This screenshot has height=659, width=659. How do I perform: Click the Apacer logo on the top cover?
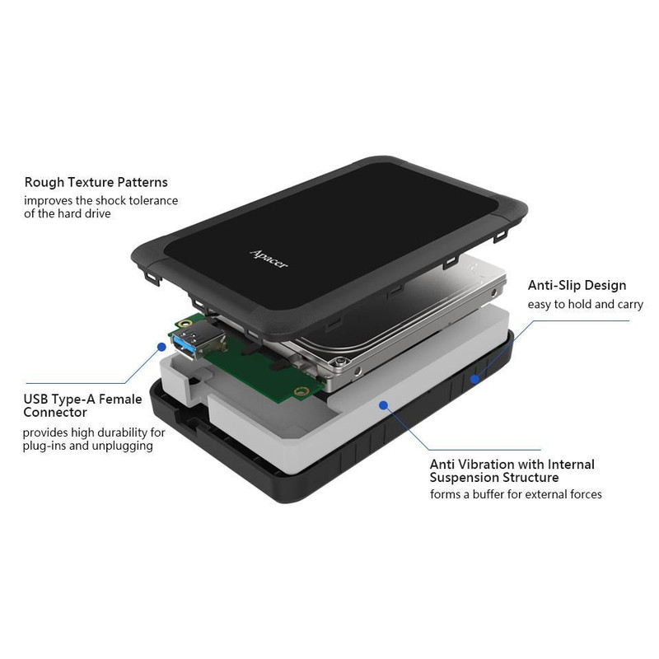click(x=269, y=259)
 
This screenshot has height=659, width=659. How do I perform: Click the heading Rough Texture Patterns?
click(x=96, y=182)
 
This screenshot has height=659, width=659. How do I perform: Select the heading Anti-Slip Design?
click(x=577, y=285)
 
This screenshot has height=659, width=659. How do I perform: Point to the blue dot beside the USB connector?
click(x=161, y=347)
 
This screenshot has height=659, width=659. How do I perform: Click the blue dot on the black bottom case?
click(x=474, y=379)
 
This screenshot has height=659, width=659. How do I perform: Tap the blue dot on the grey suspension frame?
click(x=383, y=405)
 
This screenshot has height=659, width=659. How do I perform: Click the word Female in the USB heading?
click(x=120, y=399)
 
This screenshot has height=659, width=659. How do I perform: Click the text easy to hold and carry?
click(x=586, y=304)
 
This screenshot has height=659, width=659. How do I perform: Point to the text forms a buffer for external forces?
click(x=516, y=494)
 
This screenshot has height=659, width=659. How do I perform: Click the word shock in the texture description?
click(x=110, y=200)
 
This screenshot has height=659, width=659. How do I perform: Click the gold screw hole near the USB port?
click(x=184, y=323)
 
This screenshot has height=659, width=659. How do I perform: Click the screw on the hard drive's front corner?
click(x=340, y=361)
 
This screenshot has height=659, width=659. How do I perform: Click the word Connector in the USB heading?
click(x=55, y=413)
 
